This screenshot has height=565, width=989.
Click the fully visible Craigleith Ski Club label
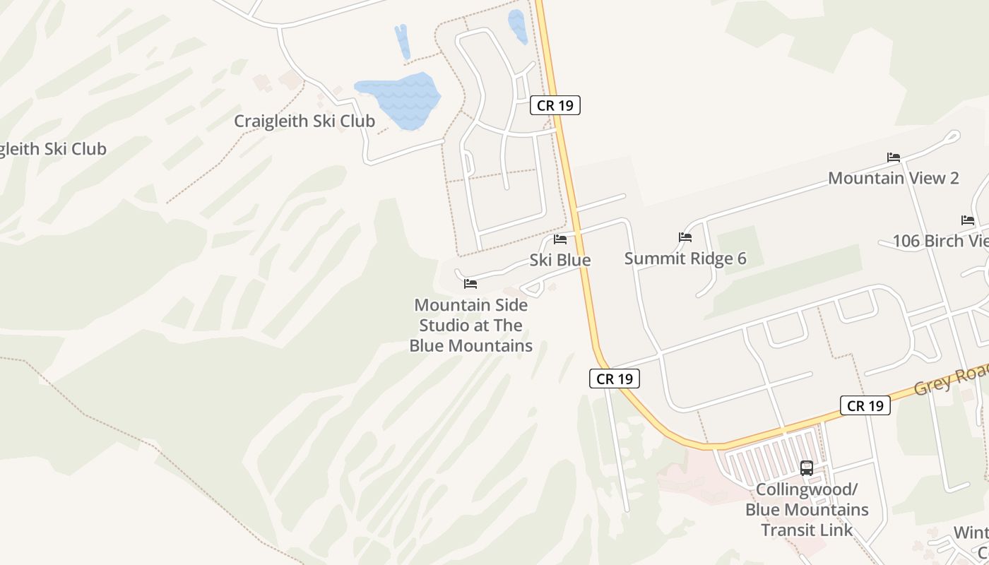click(x=304, y=121)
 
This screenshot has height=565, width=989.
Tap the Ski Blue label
click(x=560, y=260)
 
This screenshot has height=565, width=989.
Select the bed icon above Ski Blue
click(x=560, y=239)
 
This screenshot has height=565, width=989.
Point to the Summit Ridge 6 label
click(x=685, y=258)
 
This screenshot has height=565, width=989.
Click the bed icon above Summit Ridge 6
click(x=685, y=237)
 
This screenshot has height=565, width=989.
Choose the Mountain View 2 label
click(x=894, y=178)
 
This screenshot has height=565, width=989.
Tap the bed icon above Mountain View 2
click(x=894, y=157)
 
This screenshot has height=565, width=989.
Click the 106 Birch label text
click(x=940, y=241)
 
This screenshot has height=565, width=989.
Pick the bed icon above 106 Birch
click(x=968, y=220)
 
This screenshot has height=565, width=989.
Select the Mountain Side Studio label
click(x=471, y=326)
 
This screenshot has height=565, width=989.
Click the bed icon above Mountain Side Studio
click(x=470, y=284)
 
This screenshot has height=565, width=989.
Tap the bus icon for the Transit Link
click(x=807, y=468)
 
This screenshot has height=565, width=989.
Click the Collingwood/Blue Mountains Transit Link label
click(x=807, y=509)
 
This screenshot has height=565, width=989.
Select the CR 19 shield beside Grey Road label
click(x=865, y=405)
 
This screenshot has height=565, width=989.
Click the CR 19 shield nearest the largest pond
click(x=555, y=105)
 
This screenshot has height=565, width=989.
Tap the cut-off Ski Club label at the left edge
click(x=53, y=149)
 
